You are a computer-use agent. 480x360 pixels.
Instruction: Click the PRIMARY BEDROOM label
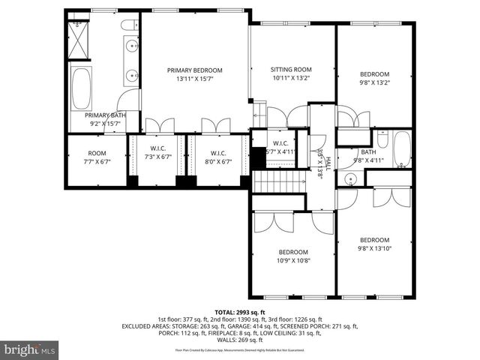point(194,74)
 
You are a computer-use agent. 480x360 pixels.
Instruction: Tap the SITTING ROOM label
point(290,73)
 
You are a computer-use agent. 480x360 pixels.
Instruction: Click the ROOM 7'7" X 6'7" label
point(97,157)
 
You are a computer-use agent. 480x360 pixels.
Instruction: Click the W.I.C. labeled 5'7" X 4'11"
point(280,148)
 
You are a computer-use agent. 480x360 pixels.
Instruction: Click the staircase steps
point(279,181)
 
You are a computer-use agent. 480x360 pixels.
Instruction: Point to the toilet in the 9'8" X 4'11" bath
point(382,139)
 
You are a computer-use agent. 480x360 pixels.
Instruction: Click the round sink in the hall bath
point(350,179)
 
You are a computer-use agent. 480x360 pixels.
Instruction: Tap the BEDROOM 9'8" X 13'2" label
point(374,79)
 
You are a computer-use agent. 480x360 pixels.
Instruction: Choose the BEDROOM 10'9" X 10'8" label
point(293,256)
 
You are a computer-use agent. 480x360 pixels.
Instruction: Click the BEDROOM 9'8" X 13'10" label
point(374,244)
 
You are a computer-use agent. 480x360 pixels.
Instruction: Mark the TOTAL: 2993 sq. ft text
point(240,312)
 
